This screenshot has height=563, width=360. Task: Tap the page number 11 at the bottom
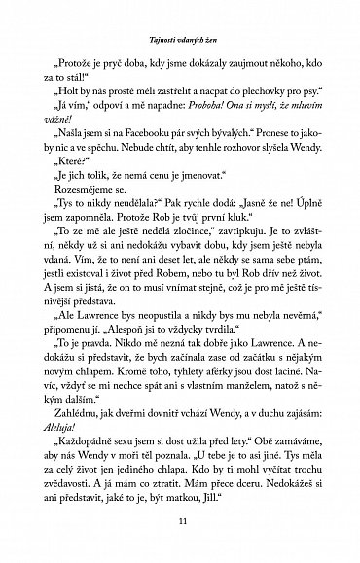point(180,522)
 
